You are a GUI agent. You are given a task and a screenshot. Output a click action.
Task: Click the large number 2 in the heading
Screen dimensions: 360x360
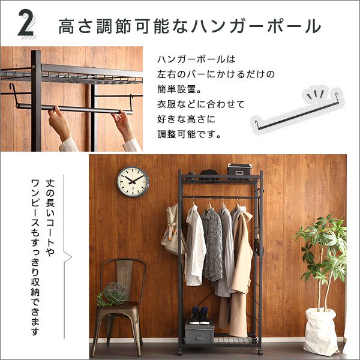(26, 23)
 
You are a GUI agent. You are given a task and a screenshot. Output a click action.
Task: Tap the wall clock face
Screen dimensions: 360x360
(133, 182)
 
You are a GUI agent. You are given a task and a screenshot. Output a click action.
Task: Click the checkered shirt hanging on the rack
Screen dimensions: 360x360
(212, 245)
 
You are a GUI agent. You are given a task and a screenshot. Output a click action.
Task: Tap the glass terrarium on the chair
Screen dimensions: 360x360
(115, 293)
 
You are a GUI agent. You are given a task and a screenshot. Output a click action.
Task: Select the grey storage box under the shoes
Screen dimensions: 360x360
(199, 332)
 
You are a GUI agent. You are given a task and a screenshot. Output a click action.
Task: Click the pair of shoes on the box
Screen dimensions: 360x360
(199, 315)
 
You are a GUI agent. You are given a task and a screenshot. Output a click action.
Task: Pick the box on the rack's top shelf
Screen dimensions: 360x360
(239, 169)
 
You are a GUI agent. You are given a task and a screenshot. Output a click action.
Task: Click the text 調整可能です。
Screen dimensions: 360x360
(189, 134)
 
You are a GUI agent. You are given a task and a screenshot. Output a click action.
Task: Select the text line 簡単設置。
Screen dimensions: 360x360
(179, 89)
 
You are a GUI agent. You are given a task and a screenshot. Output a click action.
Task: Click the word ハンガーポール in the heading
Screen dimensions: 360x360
(256, 26)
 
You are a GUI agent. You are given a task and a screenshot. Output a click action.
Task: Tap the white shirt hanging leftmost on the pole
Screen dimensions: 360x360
(195, 245)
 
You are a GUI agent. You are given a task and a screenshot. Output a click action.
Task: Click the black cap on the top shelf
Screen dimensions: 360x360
(208, 174)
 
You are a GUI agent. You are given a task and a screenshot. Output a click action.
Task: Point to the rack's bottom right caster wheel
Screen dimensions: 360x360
(260, 352)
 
